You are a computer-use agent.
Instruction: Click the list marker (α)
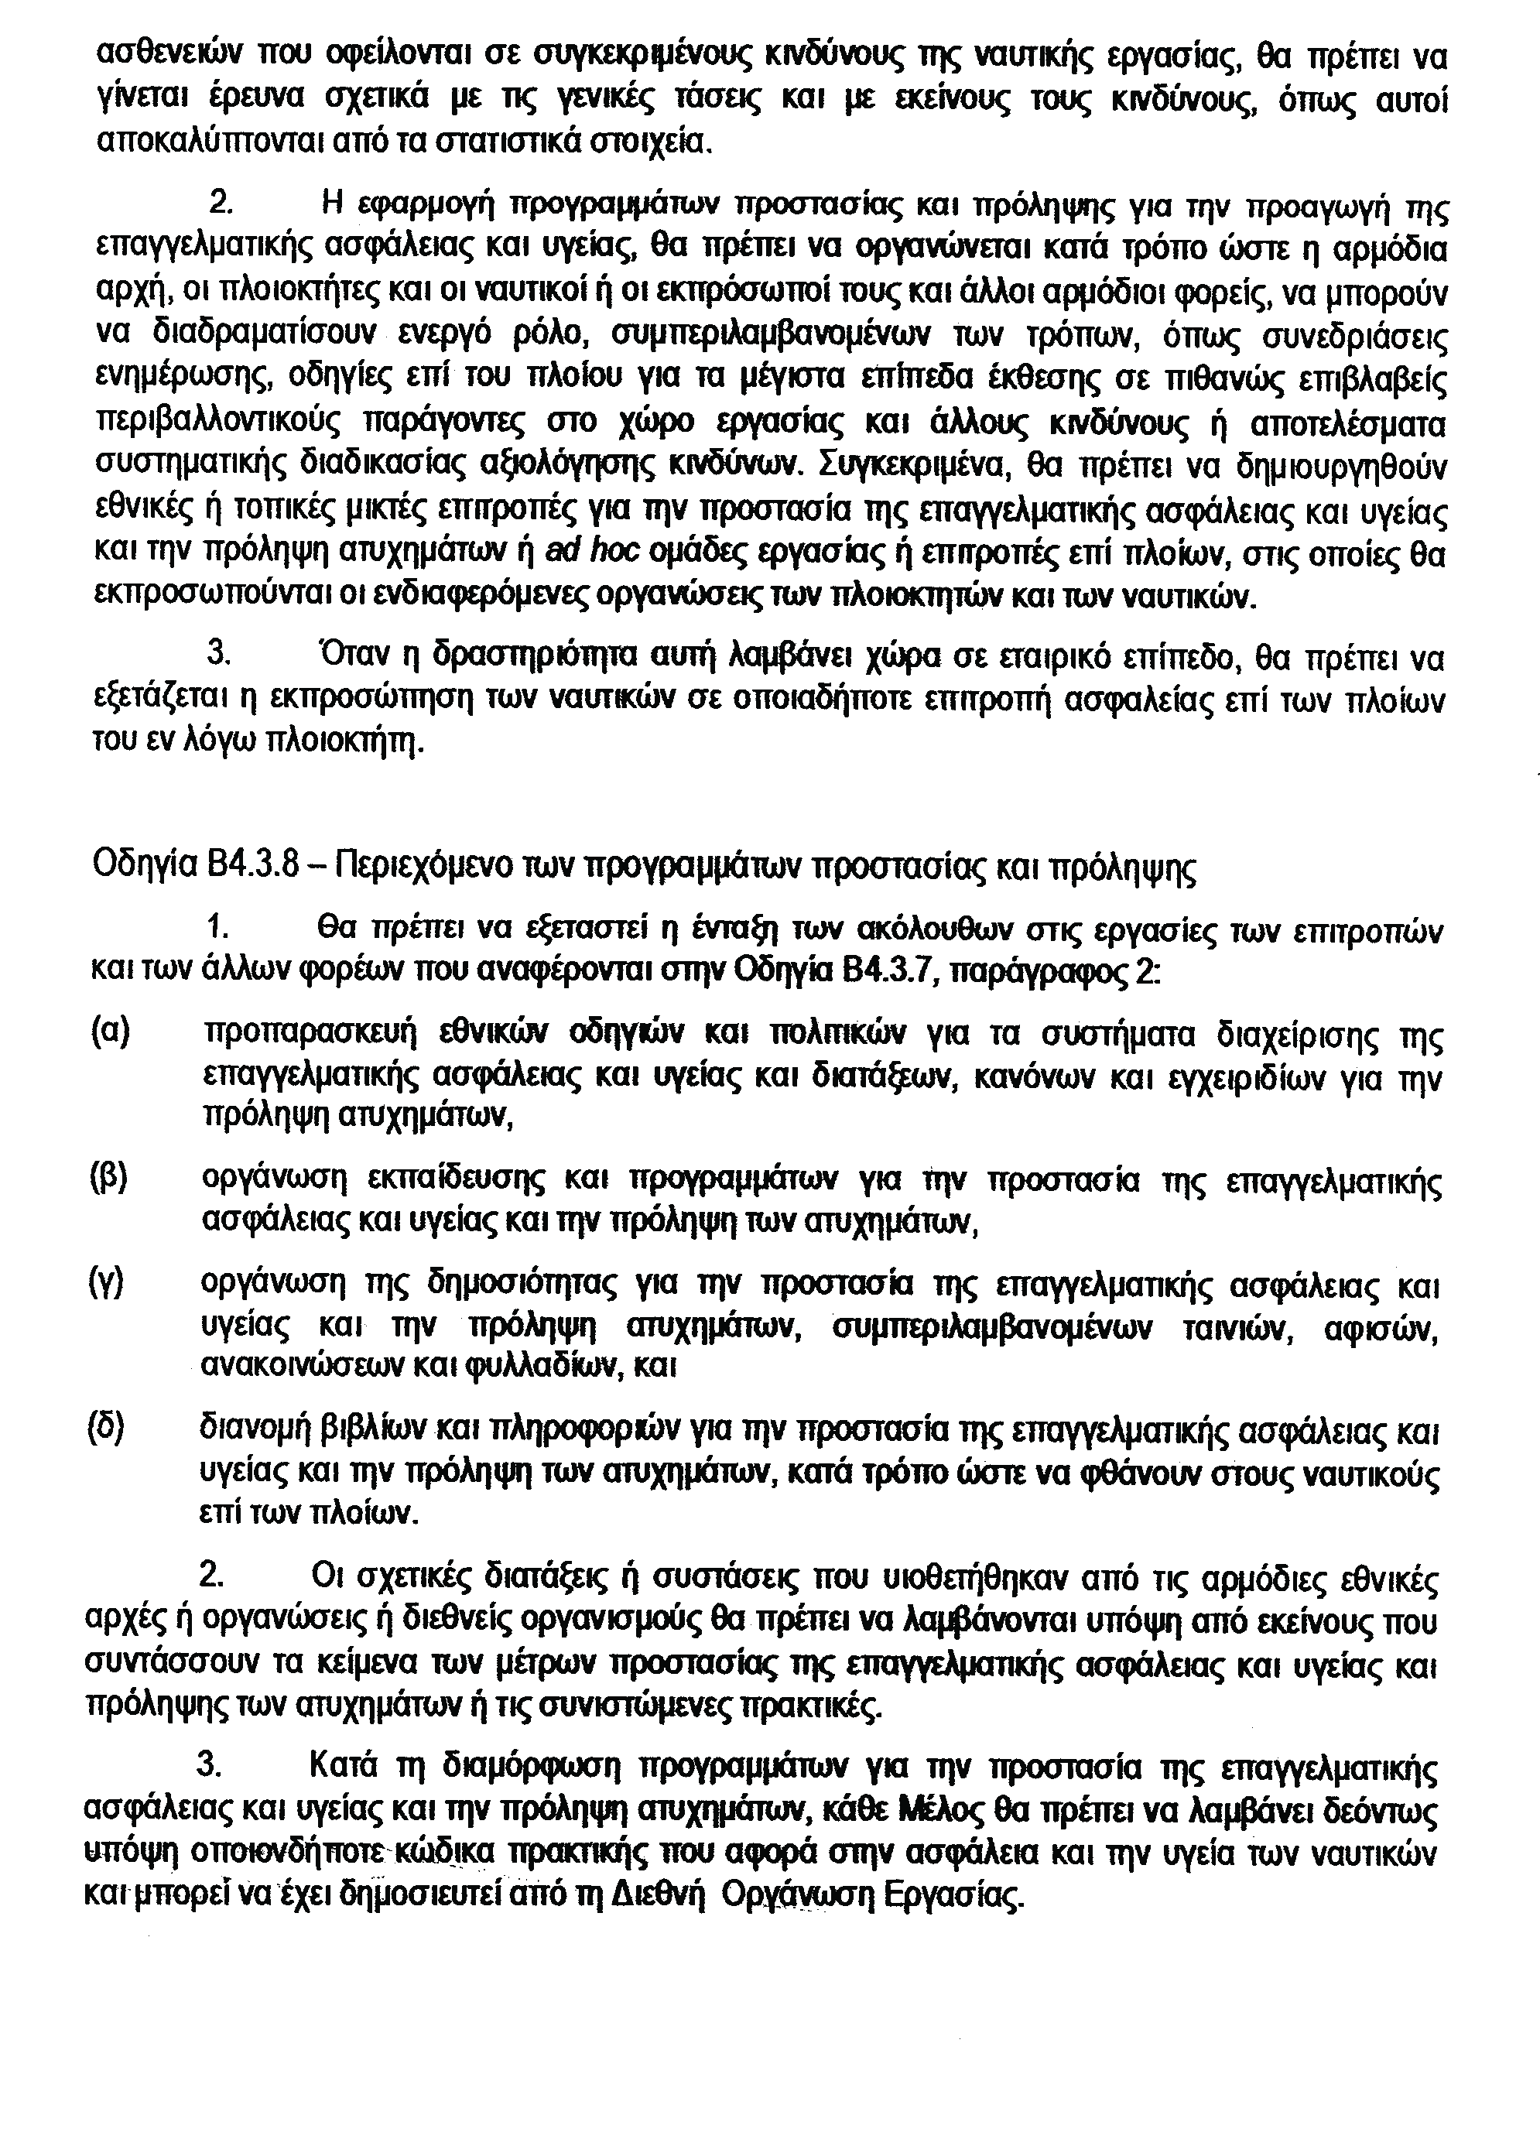110,1032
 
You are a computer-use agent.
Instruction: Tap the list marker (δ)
106,1428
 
